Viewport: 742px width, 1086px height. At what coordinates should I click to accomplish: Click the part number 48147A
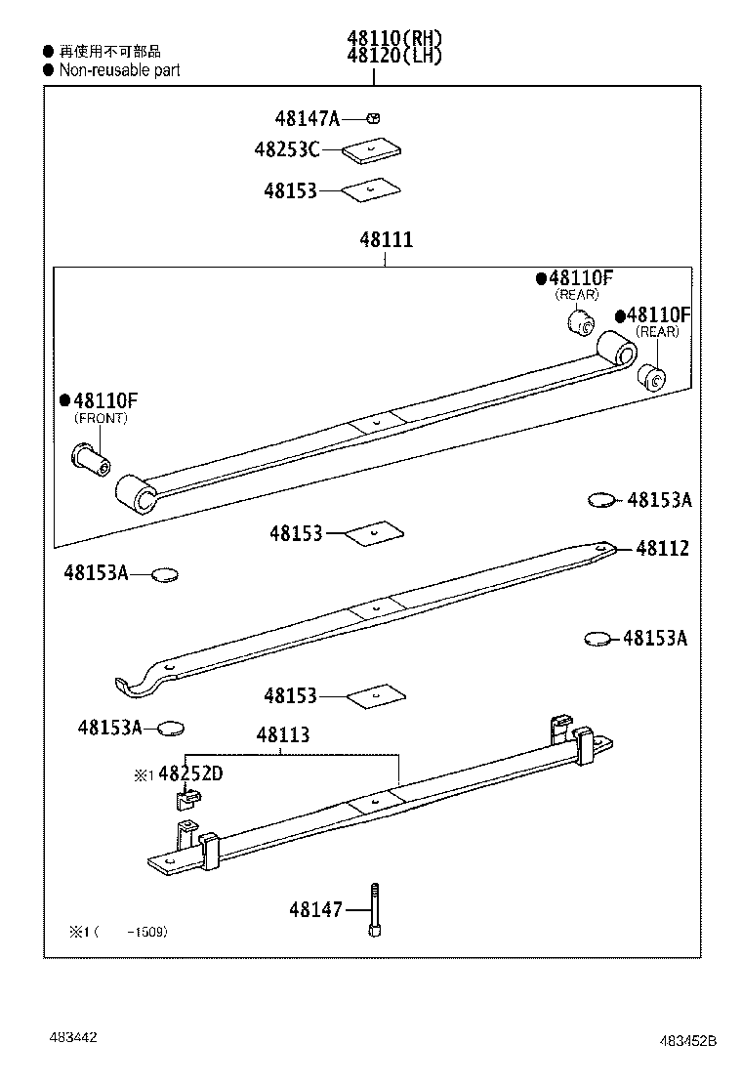(x=307, y=119)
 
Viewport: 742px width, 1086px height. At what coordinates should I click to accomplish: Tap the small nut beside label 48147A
(x=373, y=118)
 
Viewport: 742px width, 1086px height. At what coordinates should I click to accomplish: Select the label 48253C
(x=287, y=149)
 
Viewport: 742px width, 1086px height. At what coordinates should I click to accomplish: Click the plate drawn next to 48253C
(x=373, y=150)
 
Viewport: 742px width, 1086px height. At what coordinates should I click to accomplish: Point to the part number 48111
(x=386, y=239)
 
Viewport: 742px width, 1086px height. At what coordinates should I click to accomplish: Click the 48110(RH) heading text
(x=394, y=39)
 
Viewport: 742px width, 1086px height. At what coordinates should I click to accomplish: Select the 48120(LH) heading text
(x=394, y=56)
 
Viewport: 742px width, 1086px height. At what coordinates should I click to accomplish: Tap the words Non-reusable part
(x=119, y=70)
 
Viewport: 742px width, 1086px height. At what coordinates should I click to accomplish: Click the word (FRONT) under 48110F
(x=102, y=418)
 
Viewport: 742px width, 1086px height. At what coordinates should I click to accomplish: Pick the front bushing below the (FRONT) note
(x=90, y=456)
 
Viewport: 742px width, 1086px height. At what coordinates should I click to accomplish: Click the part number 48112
(x=662, y=549)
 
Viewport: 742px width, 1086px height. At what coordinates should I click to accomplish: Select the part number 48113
(x=283, y=735)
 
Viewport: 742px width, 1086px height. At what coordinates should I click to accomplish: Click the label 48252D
(x=190, y=774)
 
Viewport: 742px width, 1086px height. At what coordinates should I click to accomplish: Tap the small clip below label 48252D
(x=186, y=800)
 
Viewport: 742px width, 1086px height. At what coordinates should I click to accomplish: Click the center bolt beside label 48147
(x=374, y=909)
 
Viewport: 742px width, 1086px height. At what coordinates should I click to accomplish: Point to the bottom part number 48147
(x=315, y=909)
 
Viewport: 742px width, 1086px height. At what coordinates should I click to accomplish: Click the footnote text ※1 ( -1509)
(x=118, y=932)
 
